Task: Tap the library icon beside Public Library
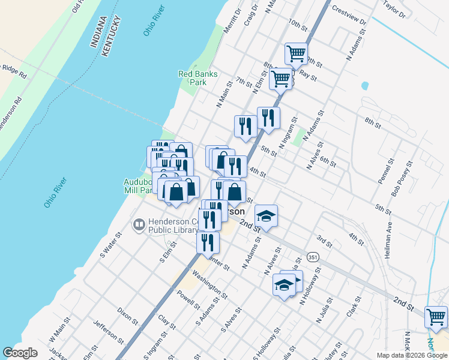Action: click(x=139, y=225)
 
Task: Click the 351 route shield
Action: click(x=313, y=256)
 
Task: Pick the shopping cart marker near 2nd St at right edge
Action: click(x=436, y=316)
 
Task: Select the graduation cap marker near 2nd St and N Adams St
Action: click(x=266, y=215)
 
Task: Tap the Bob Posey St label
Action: click(x=403, y=178)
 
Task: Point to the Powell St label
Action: click(x=189, y=299)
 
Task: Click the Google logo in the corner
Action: click(x=20, y=353)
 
